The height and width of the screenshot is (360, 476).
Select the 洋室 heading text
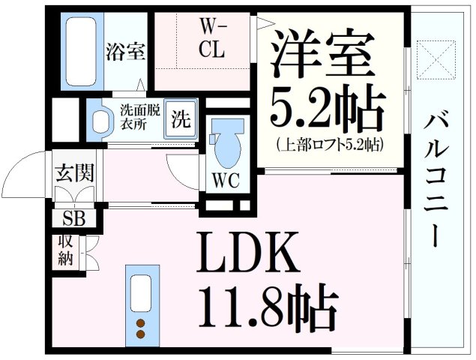tap(322, 55)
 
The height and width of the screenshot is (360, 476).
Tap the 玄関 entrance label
tap(73, 174)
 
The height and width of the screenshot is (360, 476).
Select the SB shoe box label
tap(73, 219)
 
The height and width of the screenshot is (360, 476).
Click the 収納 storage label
tap(65, 252)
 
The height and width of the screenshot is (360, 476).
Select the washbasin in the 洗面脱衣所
tap(99, 120)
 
